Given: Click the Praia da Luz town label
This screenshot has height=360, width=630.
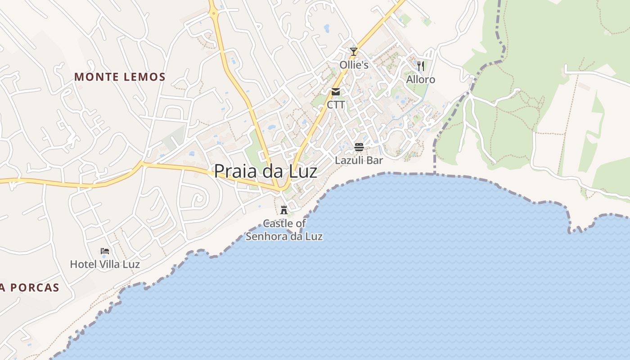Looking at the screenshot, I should (x=265, y=171).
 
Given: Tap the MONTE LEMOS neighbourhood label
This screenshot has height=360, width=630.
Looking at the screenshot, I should (x=120, y=77).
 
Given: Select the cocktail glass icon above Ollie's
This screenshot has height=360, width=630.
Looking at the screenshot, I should (x=354, y=52).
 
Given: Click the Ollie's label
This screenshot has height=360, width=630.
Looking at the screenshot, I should (x=354, y=65).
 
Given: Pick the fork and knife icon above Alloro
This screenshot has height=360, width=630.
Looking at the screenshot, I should (x=421, y=66).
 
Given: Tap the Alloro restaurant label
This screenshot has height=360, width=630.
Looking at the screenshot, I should (x=421, y=80).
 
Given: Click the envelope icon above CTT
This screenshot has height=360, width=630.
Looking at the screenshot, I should (x=336, y=92).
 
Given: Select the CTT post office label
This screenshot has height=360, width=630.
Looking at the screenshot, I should (x=336, y=105).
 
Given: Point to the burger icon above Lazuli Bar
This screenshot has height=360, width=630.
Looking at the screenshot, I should (x=359, y=147).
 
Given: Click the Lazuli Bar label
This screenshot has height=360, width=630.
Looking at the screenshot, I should (x=359, y=160).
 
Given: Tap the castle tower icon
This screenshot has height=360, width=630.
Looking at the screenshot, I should (x=284, y=210).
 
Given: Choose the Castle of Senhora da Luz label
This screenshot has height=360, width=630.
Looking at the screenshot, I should (x=284, y=229).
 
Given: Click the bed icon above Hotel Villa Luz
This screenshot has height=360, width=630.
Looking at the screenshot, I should (x=105, y=251).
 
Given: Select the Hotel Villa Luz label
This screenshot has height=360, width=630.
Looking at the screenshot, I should (x=105, y=264).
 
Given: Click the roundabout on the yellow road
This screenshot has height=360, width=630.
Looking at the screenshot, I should (x=213, y=13).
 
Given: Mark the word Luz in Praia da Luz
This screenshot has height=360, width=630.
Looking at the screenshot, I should (x=302, y=171).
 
